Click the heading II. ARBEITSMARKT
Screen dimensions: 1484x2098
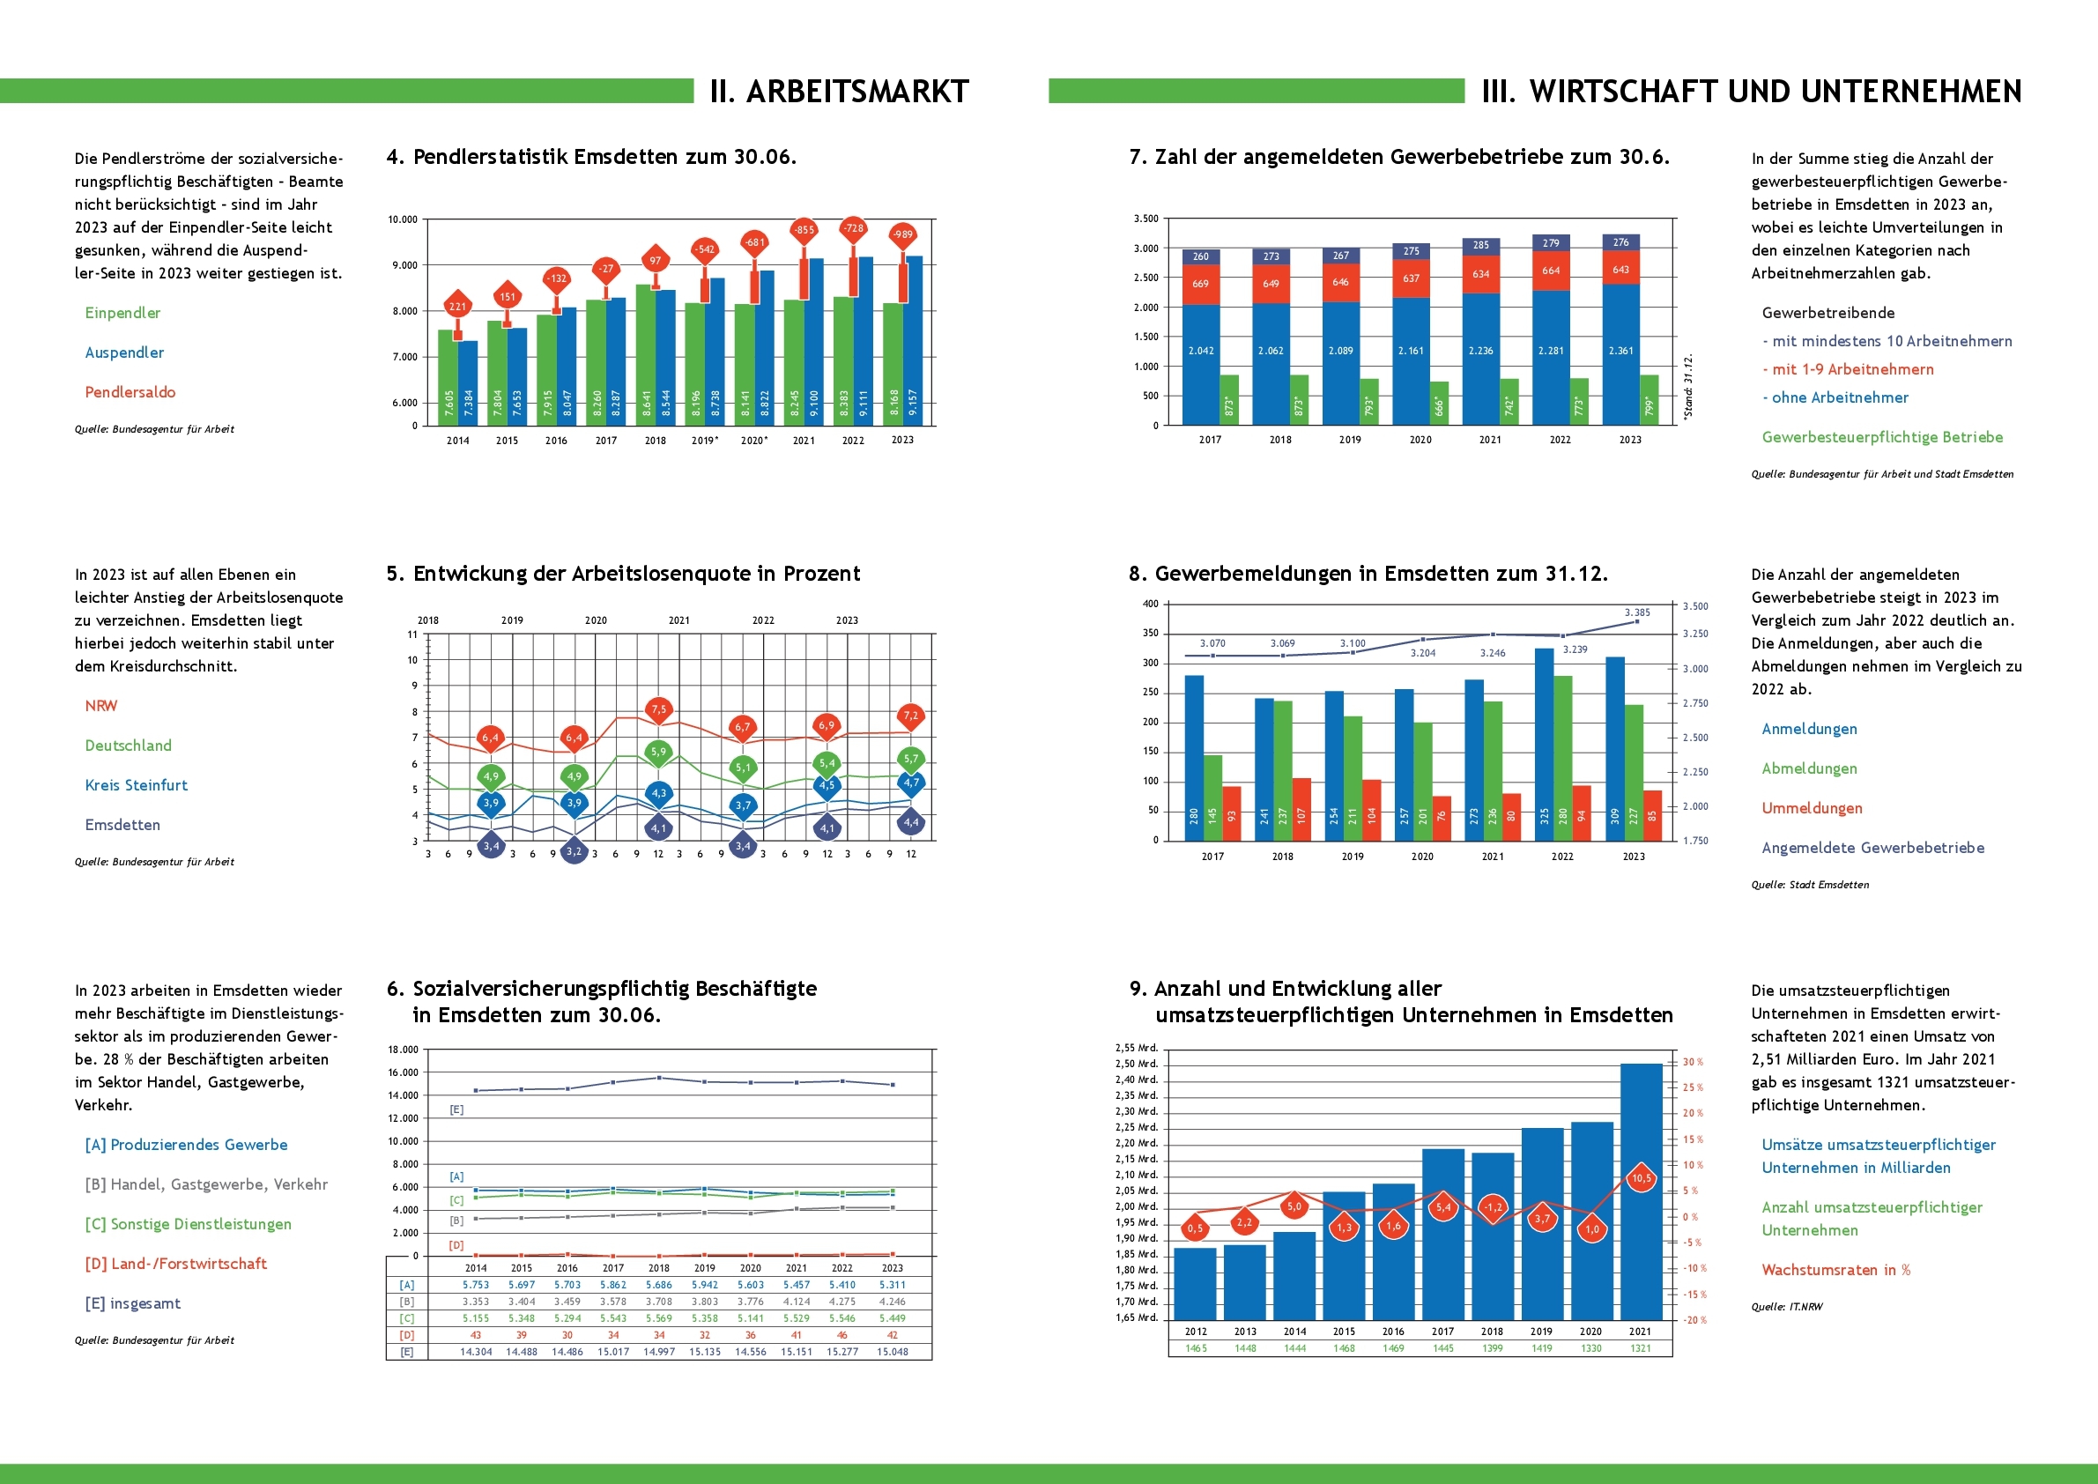coord(839,92)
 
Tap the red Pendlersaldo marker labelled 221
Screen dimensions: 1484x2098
coord(457,306)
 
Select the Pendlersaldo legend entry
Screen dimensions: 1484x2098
coord(130,392)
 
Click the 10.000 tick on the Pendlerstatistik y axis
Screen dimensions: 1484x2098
coord(402,220)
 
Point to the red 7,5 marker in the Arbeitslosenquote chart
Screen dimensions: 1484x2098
coord(659,709)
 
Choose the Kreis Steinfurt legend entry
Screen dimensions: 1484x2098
coord(137,785)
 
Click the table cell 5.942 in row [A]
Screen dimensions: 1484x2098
coord(705,1285)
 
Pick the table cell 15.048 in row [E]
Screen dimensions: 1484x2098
coord(892,1352)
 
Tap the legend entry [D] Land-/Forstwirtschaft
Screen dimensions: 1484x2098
coord(175,1264)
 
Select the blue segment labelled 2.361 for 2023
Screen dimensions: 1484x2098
coord(1620,352)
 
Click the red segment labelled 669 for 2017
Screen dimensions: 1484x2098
coord(1201,284)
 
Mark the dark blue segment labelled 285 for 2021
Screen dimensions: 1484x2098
coord(1481,245)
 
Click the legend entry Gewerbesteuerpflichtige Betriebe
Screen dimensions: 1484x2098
coord(1882,437)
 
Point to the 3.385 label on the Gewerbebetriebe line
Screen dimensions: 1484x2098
coord(1637,612)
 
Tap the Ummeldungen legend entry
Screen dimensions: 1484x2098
coord(1812,808)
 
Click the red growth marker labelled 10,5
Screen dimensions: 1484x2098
coord(1641,1178)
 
